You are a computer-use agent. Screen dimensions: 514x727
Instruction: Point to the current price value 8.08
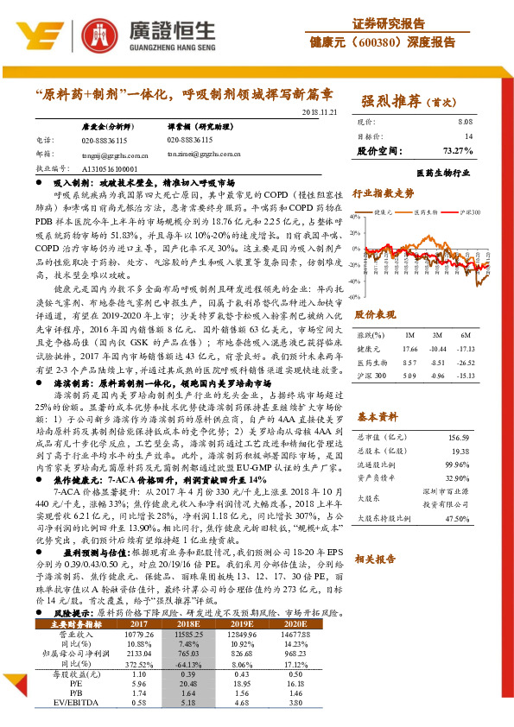465,123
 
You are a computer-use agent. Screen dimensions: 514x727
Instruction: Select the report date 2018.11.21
319,112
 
